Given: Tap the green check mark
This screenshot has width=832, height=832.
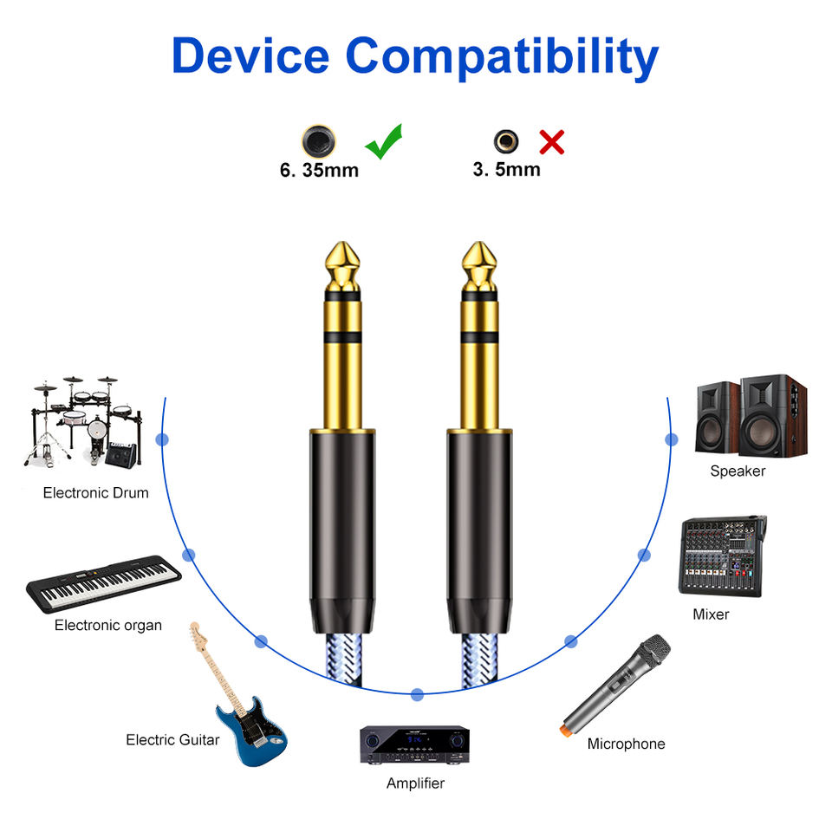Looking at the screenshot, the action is pyautogui.click(x=383, y=141).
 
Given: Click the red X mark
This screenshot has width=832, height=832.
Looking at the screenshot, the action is pyautogui.click(x=551, y=141).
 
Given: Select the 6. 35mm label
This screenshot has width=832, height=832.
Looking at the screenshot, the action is pyautogui.click(x=319, y=170).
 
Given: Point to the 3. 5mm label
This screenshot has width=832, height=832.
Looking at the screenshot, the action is pyautogui.click(x=506, y=170).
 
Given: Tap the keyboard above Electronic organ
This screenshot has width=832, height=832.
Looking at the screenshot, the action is pyautogui.click(x=104, y=583).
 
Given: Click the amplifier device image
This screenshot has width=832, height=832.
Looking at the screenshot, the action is pyautogui.click(x=414, y=744).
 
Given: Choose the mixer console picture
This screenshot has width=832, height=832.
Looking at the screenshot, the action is pyautogui.click(x=721, y=556).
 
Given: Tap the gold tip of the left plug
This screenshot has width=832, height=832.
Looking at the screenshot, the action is pyautogui.click(x=343, y=265).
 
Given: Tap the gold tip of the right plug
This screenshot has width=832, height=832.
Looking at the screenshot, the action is pyautogui.click(x=480, y=265).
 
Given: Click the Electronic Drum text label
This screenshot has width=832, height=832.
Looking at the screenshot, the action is pyautogui.click(x=96, y=493).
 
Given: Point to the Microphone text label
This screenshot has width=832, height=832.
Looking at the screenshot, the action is pyautogui.click(x=626, y=744).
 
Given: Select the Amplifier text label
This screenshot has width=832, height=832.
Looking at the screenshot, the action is pyautogui.click(x=415, y=783).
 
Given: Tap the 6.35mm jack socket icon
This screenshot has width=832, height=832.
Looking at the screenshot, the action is pyautogui.click(x=318, y=140).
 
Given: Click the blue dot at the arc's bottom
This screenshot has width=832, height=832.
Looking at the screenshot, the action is pyautogui.click(x=417, y=694).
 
